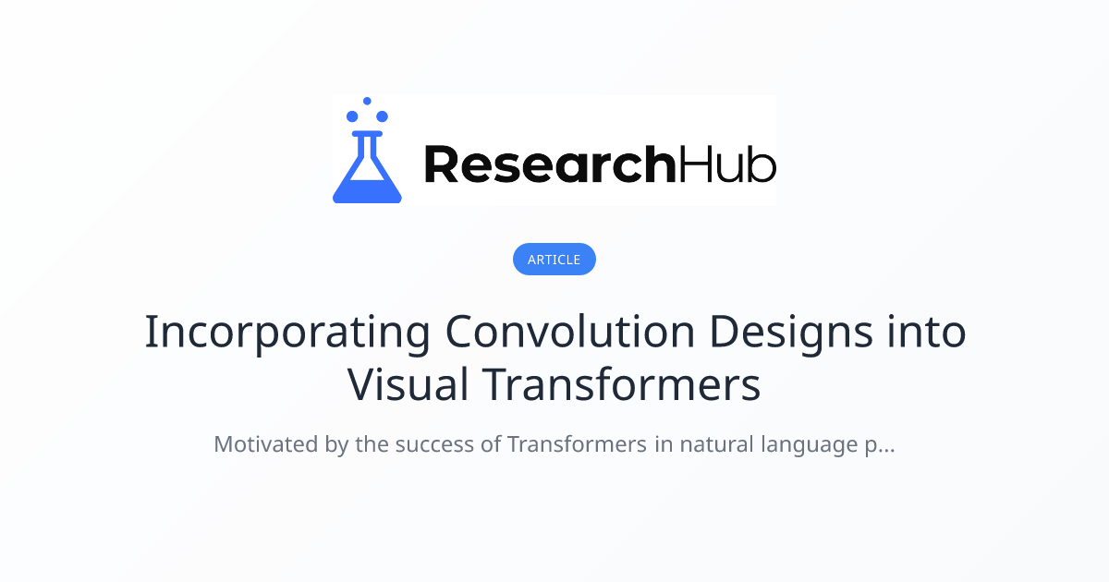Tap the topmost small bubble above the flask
[367, 101]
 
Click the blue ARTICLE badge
[554, 260]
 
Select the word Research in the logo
[550, 164]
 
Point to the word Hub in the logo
[726, 164]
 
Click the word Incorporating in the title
[287, 333]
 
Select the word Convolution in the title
[570, 331]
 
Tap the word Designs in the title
[791, 333]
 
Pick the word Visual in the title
[408, 384]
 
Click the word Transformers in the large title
[621, 384]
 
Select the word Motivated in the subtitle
[266, 444]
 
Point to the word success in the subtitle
[434, 445]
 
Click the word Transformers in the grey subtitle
[577, 444]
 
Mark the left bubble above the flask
[352, 116]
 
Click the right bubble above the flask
[382, 116]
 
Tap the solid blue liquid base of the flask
[367, 191]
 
